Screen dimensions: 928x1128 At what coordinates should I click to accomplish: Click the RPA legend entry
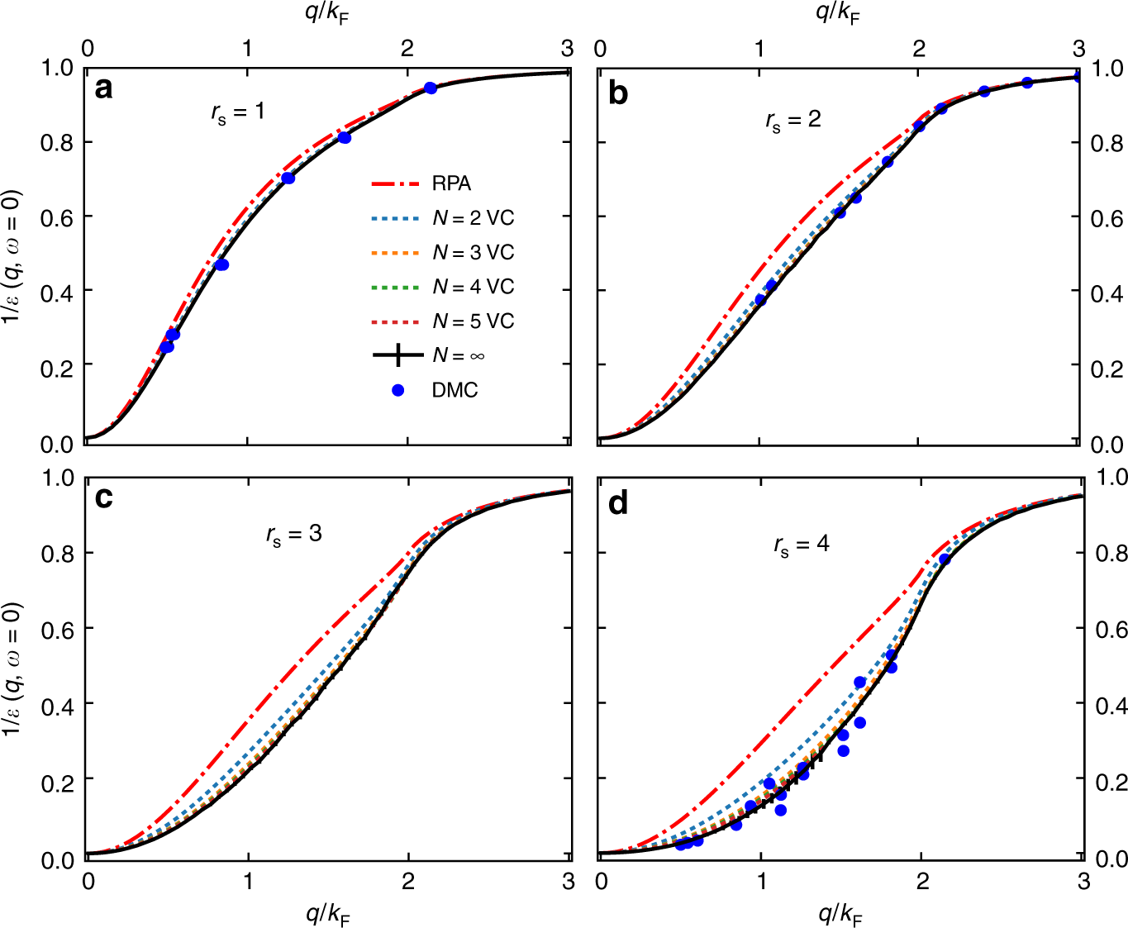click(451, 183)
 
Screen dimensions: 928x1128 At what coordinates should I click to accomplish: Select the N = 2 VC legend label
click(473, 218)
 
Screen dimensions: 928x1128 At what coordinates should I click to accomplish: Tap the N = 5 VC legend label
click(473, 321)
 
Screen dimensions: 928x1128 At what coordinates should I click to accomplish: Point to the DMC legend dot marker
click(397, 390)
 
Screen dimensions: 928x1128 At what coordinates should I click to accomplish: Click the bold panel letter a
click(103, 88)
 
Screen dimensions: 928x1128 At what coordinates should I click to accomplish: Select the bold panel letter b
click(617, 93)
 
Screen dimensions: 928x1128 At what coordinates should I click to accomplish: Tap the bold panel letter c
click(104, 498)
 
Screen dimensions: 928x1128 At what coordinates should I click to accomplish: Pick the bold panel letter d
click(618, 502)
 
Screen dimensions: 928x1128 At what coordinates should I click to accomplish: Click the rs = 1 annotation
click(238, 112)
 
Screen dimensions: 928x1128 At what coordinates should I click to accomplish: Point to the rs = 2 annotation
click(793, 121)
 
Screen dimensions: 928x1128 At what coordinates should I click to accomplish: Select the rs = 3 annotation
click(294, 535)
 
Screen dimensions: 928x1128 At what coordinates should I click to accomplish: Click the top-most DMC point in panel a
click(431, 88)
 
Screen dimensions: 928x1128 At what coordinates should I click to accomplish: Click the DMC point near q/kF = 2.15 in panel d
click(945, 559)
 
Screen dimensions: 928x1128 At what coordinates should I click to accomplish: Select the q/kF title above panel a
click(327, 13)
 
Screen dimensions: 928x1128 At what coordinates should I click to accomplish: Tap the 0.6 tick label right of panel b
click(1107, 218)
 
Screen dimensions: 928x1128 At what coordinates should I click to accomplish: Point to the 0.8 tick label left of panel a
click(57, 143)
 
